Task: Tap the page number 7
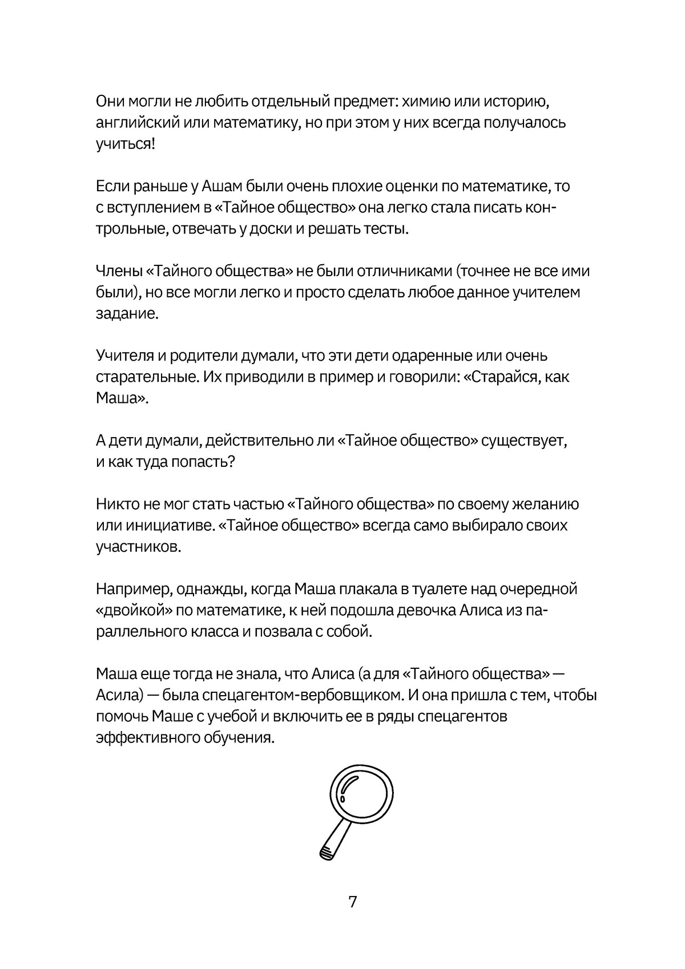pyautogui.click(x=352, y=902)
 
